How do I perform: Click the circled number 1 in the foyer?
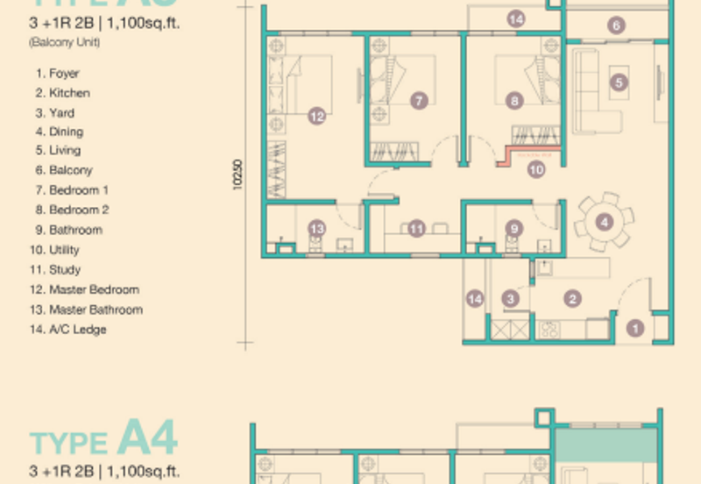636,329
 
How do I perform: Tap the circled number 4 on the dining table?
604,222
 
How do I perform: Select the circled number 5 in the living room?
620,83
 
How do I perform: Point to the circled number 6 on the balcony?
617,26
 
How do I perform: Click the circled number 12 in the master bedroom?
316,115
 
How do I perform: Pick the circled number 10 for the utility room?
536,171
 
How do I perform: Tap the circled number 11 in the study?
417,229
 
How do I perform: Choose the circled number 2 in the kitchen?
571,299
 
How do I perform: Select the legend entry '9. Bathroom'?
69,230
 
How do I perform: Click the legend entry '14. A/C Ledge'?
71,330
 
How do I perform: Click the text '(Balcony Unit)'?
64,42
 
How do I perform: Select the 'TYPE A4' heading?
104,438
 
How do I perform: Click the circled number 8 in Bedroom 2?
514,101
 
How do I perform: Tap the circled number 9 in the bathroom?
514,229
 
